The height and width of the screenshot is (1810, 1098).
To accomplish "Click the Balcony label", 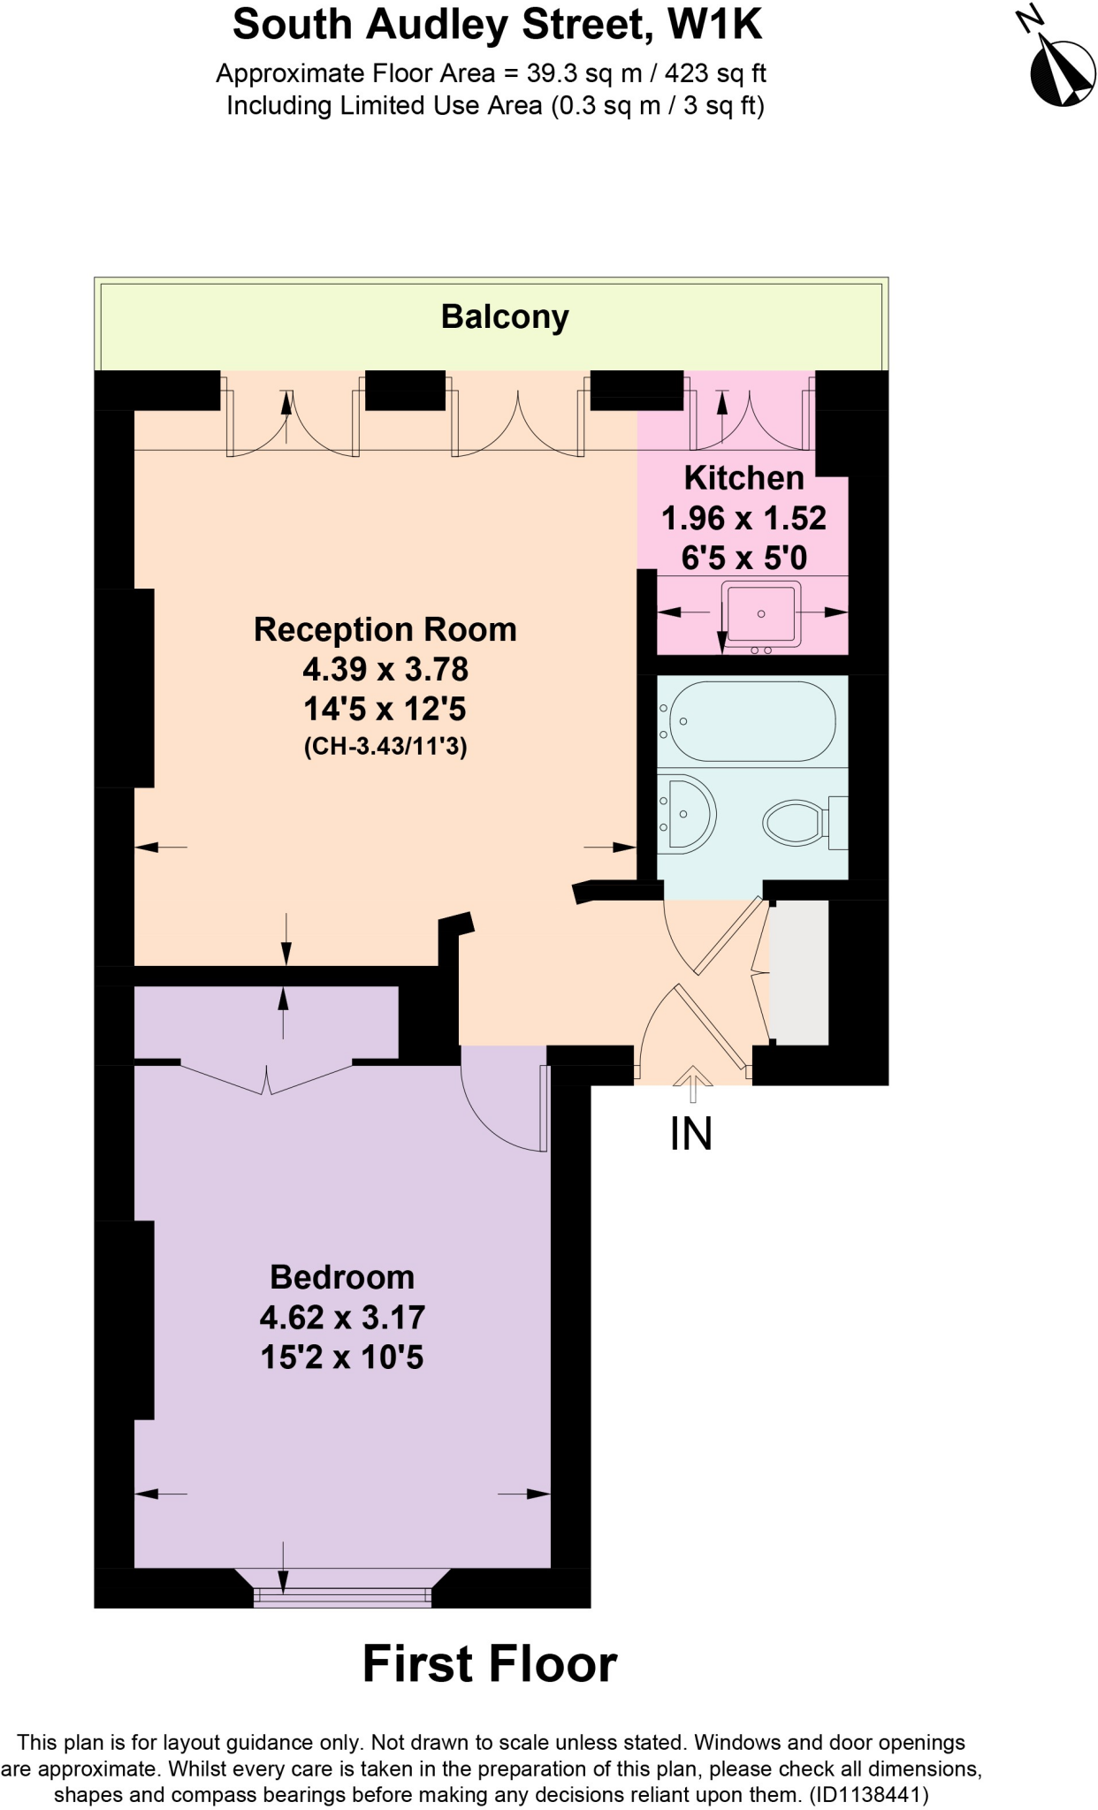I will [505, 316].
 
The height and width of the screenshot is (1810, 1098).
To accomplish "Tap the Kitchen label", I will [743, 478].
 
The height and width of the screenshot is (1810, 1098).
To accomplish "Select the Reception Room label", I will [385, 629].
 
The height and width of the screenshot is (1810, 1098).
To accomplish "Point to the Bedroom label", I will [342, 1277].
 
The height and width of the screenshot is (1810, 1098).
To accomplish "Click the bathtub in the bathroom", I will [752, 721].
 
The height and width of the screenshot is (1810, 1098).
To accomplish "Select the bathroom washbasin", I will [688, 814].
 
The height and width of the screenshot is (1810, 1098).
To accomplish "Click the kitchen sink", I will [761, 613].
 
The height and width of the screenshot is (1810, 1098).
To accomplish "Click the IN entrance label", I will [691, 1134].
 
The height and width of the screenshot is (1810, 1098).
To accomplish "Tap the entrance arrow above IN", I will [693, 1084].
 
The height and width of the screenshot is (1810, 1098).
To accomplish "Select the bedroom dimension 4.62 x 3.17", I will [342, 1317].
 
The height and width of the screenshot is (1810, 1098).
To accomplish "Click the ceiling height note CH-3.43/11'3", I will [385, 747].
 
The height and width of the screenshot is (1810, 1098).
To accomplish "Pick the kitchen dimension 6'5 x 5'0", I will [743, 558].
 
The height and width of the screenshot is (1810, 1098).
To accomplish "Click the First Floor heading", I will [490, 1664].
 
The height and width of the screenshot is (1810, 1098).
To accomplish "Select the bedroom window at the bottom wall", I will [342, 1595].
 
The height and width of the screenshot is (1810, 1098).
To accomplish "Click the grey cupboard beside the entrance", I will [799, 972].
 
